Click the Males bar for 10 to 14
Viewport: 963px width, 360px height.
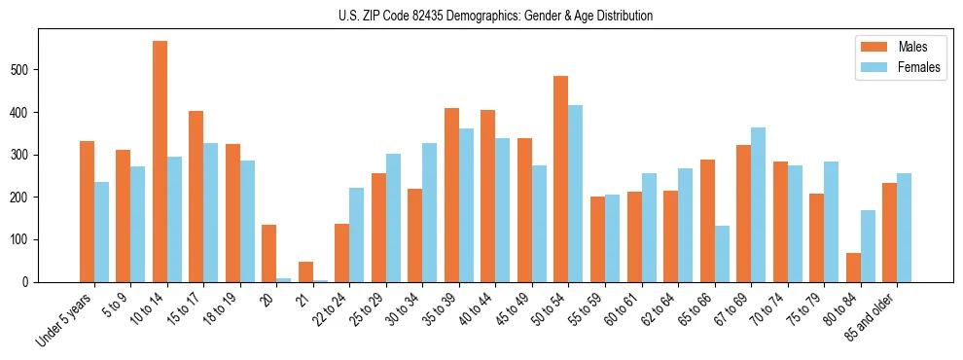coord(160,162)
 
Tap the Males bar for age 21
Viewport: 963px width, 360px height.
coord(305,271)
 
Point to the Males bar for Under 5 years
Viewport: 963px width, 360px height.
coord(87,211)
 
